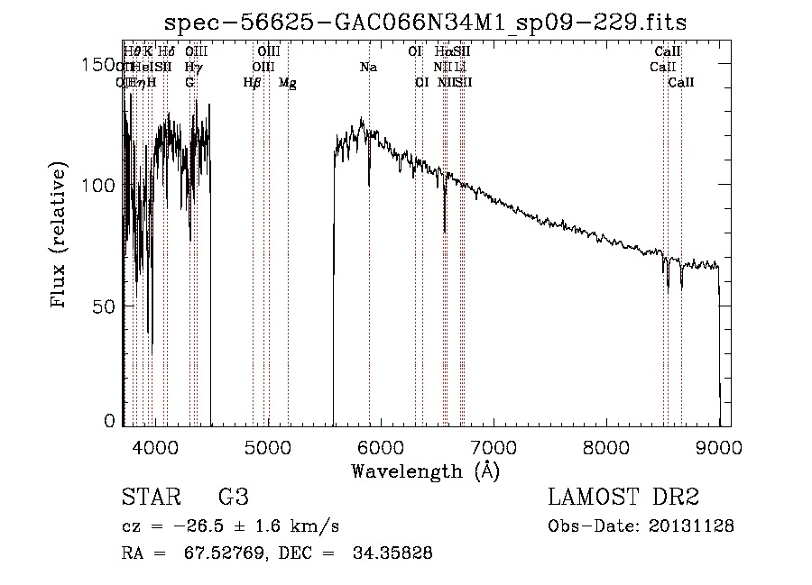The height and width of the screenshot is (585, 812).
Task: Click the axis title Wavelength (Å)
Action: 425,470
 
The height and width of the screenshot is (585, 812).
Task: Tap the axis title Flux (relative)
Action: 60,237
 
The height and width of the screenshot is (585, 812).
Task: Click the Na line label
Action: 368,68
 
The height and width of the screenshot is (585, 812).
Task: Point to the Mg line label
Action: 287,83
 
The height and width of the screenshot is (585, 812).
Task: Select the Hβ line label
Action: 253,83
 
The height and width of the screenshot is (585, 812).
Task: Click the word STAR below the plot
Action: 150,498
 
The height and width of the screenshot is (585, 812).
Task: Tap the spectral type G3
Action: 233,498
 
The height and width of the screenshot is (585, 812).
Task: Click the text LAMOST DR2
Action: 623,498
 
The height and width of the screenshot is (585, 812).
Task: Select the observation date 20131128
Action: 693,526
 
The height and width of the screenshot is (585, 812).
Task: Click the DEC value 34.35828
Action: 392,553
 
